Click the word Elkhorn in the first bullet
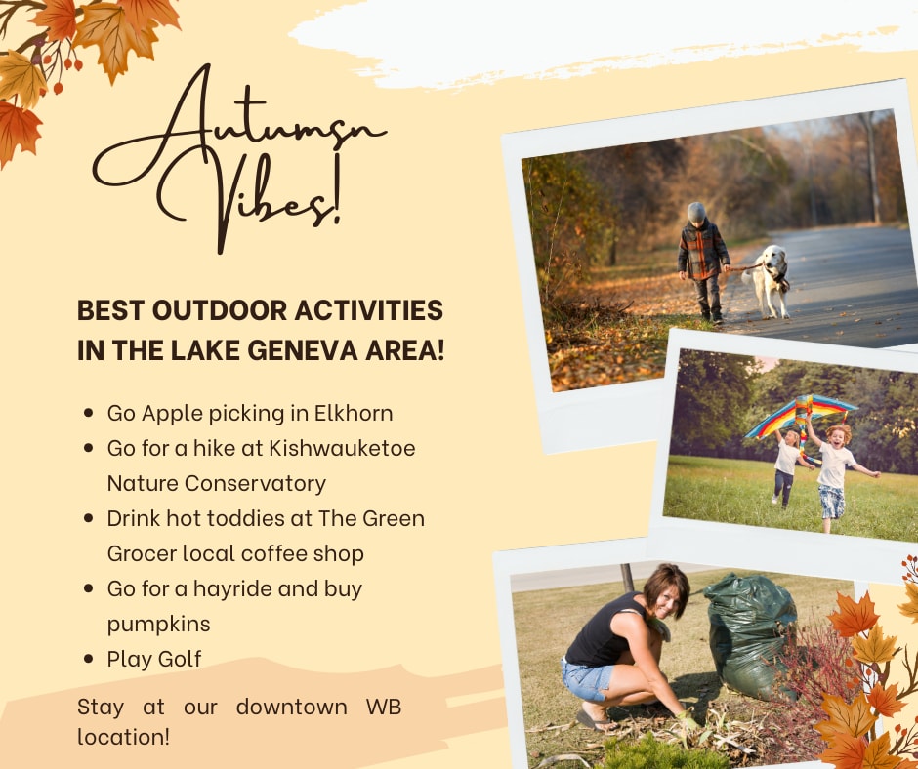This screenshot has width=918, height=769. click(x=353, y=413)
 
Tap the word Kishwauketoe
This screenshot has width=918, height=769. click(x=342, y=448)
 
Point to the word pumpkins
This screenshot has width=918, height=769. click(x=158, y=625)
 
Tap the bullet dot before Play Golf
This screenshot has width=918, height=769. click(x=89, y=659)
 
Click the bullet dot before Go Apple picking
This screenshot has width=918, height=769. click(x=89, y=413)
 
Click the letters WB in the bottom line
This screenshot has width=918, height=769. click(x=384, y=707)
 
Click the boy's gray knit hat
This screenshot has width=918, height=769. click(x=696, y=212)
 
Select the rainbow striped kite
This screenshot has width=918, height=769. click(x=801, y=417)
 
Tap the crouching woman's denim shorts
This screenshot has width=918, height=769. click(x=587, y=680)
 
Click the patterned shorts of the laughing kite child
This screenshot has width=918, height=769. click(x=832, y=502)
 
